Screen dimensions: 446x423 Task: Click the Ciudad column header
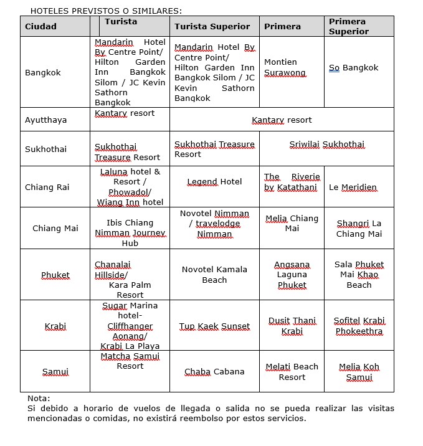[x=40, y=27]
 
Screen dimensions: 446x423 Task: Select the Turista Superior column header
[x=212, y=27]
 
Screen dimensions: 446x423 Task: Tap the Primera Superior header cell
[x=348, y=26]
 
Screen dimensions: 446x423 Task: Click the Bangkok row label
[x=43, y=73]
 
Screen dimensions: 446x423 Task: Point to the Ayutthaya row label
[x=45, y=120]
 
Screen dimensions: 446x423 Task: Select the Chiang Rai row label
[x=47, y=187]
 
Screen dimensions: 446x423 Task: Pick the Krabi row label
[x=55, y=326]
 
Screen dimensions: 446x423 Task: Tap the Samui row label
[x=55, y=372]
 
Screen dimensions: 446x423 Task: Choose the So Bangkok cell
[x=353, y=68]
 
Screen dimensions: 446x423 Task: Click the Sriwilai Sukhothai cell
[x=326, y=145]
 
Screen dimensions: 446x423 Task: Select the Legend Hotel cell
[x=214, y=182]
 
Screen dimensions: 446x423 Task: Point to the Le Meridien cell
[x=353, y=187]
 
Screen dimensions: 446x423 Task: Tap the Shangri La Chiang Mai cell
[x=359, y=229]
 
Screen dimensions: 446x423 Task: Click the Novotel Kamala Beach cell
[x=214, y=275]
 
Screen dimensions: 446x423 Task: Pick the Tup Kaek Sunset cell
[x=214, y=326]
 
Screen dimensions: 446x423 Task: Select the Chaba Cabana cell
[x=214, y=372]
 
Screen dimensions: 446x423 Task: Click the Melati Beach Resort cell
[x=292, y=372]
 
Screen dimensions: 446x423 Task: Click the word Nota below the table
[x=39, y=399]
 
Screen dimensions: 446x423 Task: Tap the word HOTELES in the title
[x=49, y=11]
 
